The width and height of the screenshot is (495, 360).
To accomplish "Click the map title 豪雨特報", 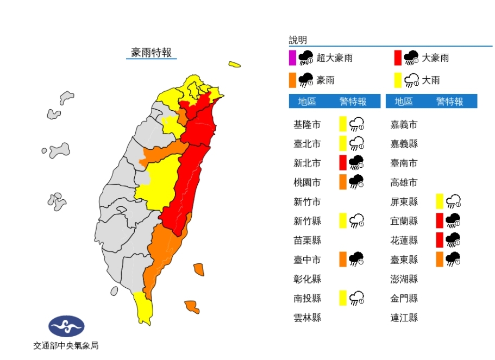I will pyautogui.click(x=151, y=52).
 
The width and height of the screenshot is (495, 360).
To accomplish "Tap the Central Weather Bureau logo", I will pyautogui.click(x=66, y=326).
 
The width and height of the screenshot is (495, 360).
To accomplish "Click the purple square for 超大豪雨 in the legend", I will pyautogui.click(x=292, y=58).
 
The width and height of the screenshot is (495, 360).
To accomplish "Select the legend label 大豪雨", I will pyautogui.click(x=435, y=58).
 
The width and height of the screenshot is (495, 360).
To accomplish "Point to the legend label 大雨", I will pyautogui.click(x=431, y=80).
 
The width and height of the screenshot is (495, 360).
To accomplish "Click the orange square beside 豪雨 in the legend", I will pyautogui.click(x=292, y=80).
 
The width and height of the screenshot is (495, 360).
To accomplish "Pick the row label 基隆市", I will pyautogui.click(x=307, y=124).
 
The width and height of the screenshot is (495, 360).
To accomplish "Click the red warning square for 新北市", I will pyautogui.click(x=343, y=162).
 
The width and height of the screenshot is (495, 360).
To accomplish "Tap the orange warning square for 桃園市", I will pyautogui.click(x=343, y=182).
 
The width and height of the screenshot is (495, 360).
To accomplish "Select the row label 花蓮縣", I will pyautogui.click(x=404, y=240).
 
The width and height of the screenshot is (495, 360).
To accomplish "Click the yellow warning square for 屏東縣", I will pyautogui.click(x=440, y=201).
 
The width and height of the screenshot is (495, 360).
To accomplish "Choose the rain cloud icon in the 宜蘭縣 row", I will pyautogui.click(x=454, y=220).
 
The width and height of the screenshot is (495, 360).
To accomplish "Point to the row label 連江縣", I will pyautogui.click(x=404, y=317).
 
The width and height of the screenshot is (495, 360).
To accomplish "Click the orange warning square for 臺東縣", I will pyautogui.click(x=440, y=260).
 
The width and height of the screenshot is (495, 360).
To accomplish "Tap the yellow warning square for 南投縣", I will pyautogui.click(x=343, y=298).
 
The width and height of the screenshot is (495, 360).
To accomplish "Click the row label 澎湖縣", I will pyautogui.click(x=404, y=279).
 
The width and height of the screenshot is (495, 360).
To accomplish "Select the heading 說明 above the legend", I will pyautogui.click(x=298, y=40).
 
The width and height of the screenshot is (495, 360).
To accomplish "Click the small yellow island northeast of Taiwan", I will pyautogui.click(x=235, y=65).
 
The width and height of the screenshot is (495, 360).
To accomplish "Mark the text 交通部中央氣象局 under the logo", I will pyautogui.click(x=66, y=345).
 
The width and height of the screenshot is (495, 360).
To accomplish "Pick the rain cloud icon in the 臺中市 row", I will pyautogui.click(x=356, y=260).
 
